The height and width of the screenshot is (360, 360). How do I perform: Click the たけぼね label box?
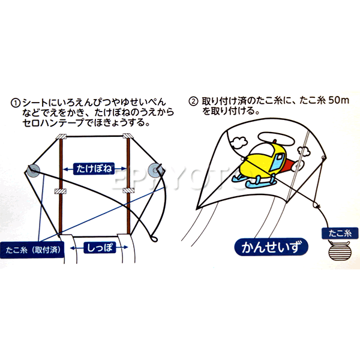click(x=94, y=169)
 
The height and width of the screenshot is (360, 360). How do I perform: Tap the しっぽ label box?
click(x=100, y=247)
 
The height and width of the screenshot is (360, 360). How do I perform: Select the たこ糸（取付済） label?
click(x=32, y=250)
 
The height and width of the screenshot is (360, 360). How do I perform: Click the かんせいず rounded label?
click(x=271, y=247)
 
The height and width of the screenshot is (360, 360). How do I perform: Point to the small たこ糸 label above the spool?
click(x=340, y=233)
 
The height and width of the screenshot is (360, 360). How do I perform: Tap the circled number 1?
click(x=16, y=103)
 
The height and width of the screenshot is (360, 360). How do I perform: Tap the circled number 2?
click(x=193, y=101)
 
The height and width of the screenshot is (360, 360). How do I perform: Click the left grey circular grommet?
click(x=33, y=171)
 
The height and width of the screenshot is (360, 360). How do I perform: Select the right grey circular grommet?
click(x=155, y=171)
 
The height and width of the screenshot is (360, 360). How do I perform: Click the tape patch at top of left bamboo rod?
click(x=61, y=136)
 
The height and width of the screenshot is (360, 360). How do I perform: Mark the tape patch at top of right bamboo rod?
click(x=128, y=136)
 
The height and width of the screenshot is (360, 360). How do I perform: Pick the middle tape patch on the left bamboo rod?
click(x=61, y=191)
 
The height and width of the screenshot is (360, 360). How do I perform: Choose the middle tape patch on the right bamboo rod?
click(x=128, y=190)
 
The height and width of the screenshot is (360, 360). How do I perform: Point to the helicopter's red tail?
click(x=293, y=164)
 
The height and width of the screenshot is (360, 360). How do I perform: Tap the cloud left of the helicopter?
click(x=239, y=142)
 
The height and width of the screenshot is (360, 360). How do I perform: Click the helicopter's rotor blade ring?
click(x=277, y=139)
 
